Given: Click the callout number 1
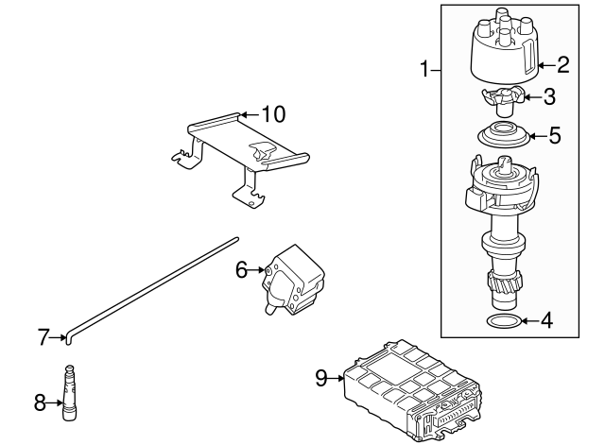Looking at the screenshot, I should (425, 68).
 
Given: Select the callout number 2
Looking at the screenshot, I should (562, 65).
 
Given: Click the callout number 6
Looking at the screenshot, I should (241, 270).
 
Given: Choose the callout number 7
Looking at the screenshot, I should (43, 335).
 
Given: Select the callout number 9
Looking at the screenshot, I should (321, 378).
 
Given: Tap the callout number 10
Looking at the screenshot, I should (272, 114).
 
